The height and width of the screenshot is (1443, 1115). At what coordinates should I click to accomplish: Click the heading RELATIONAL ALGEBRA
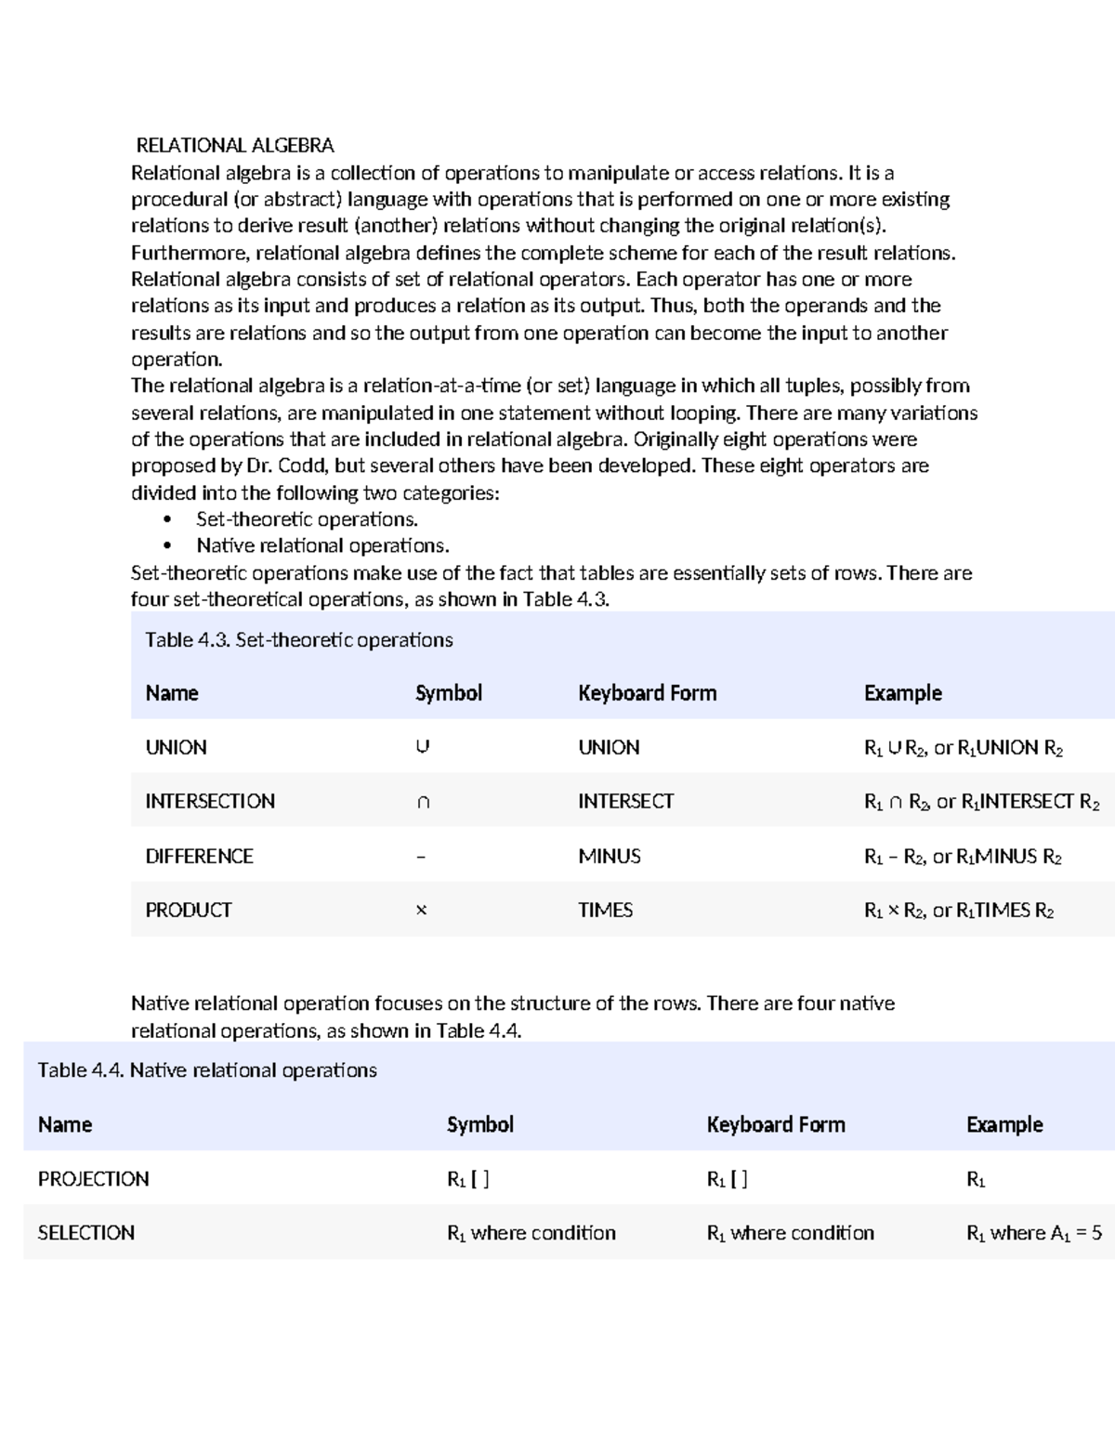(x=234, y=145)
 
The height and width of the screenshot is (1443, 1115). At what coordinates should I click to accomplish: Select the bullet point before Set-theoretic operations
(x=167, y=519)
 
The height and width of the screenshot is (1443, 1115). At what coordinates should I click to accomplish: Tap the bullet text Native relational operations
(x=322, y=545)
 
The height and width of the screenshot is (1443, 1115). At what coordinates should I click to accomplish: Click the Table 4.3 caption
(x=298, y=639)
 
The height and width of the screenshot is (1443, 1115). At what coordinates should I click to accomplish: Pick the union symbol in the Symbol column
(x=423, y=747)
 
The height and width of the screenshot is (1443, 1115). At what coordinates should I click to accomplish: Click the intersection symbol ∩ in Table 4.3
(x=423, y=802)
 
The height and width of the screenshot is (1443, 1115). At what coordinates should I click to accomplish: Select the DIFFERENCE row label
(x=199, y=856)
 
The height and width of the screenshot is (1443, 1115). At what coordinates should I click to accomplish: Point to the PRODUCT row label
(x=188, y=910)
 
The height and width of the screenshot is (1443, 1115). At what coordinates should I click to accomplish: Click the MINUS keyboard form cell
(x=609, y=856)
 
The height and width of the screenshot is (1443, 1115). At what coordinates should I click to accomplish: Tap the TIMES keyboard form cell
(x=605, y=910)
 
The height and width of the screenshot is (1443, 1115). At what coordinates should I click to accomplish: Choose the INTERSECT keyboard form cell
(x=625, y=801)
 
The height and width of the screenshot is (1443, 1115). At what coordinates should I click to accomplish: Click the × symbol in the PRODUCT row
(x=421, y=911)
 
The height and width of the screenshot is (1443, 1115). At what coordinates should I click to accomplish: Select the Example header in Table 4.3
(x=902, y=693)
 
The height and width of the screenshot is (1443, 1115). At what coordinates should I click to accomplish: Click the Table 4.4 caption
(x=206, y=1070)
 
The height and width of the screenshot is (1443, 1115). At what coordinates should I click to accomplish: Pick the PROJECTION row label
(x=93, y=1178)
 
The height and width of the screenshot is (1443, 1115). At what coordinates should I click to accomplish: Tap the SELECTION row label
(x=85, y=1233)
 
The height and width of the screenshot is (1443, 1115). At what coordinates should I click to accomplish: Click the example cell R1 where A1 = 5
(x=1033, y=1233)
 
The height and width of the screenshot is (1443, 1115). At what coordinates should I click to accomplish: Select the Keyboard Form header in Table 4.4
(x=775, y=1124)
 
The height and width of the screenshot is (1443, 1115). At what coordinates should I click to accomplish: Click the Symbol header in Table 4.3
(x=448, y=693)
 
